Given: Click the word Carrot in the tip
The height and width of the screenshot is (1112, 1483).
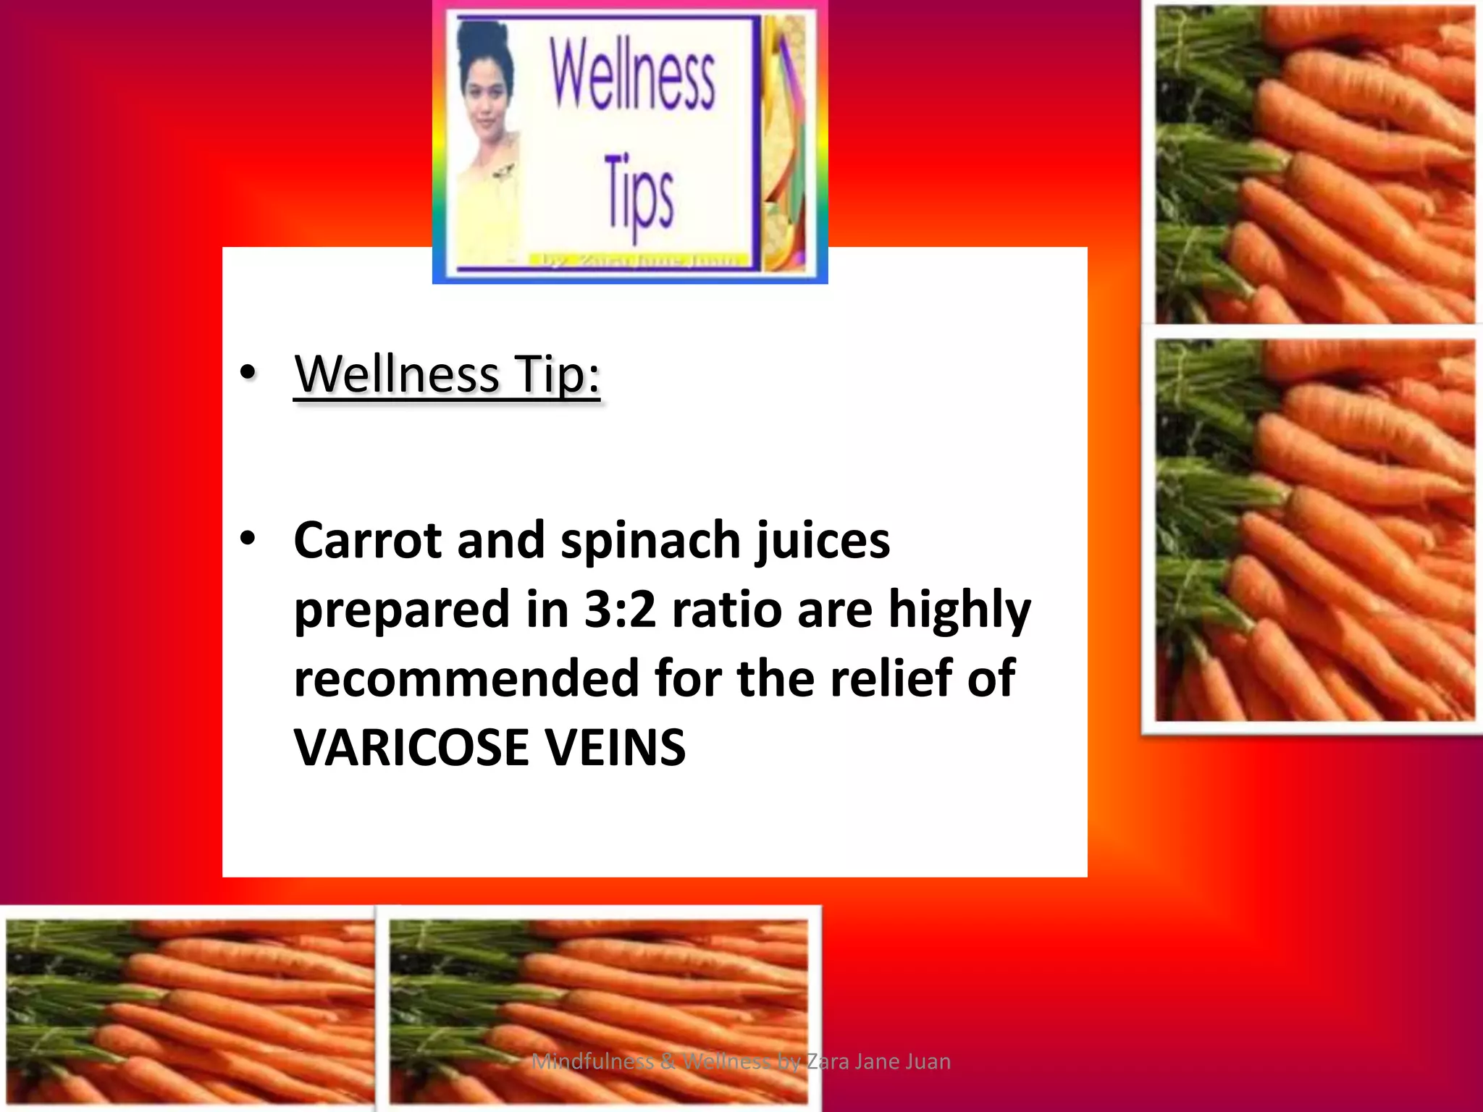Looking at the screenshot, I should point(367,541).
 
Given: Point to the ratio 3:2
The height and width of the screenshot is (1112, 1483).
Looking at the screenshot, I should point(620,610).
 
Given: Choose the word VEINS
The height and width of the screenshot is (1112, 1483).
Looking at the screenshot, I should point(615,748).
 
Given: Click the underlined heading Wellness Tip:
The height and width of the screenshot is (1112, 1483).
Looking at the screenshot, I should point(447,374).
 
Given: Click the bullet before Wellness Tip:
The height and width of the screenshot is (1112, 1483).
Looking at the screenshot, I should point(248,373).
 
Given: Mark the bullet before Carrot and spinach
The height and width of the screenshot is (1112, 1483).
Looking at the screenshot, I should point(248,539).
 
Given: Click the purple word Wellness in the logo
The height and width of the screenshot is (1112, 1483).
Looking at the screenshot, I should point(632,75).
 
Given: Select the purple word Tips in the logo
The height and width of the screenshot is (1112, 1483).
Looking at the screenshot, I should point(639,194).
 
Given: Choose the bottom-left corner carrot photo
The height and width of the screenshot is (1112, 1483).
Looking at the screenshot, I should point(190,1011).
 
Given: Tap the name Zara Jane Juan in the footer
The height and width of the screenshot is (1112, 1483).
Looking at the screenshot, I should point(878,1061).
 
